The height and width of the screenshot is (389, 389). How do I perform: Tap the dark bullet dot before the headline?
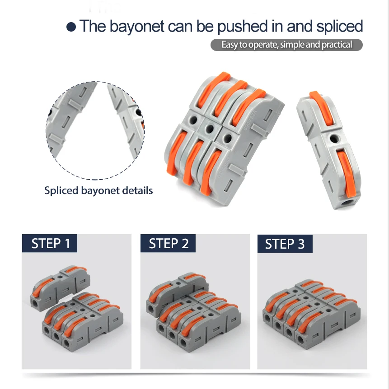(x=71, y=27)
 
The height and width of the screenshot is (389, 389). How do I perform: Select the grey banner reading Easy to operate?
(x=286, y=45)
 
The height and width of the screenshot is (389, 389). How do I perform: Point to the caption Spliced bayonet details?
(x=98, y=190)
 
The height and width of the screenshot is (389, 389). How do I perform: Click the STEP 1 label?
(x=50, y=244)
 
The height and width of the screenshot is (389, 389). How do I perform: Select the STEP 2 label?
(x=168, y=244)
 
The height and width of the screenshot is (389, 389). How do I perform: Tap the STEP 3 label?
(x=285, y=244)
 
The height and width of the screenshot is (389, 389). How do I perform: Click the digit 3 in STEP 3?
(x=301, y=244)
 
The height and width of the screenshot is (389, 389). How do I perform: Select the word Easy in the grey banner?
(x=230, y=45)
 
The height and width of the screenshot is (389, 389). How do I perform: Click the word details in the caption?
(x=137, y=190)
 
